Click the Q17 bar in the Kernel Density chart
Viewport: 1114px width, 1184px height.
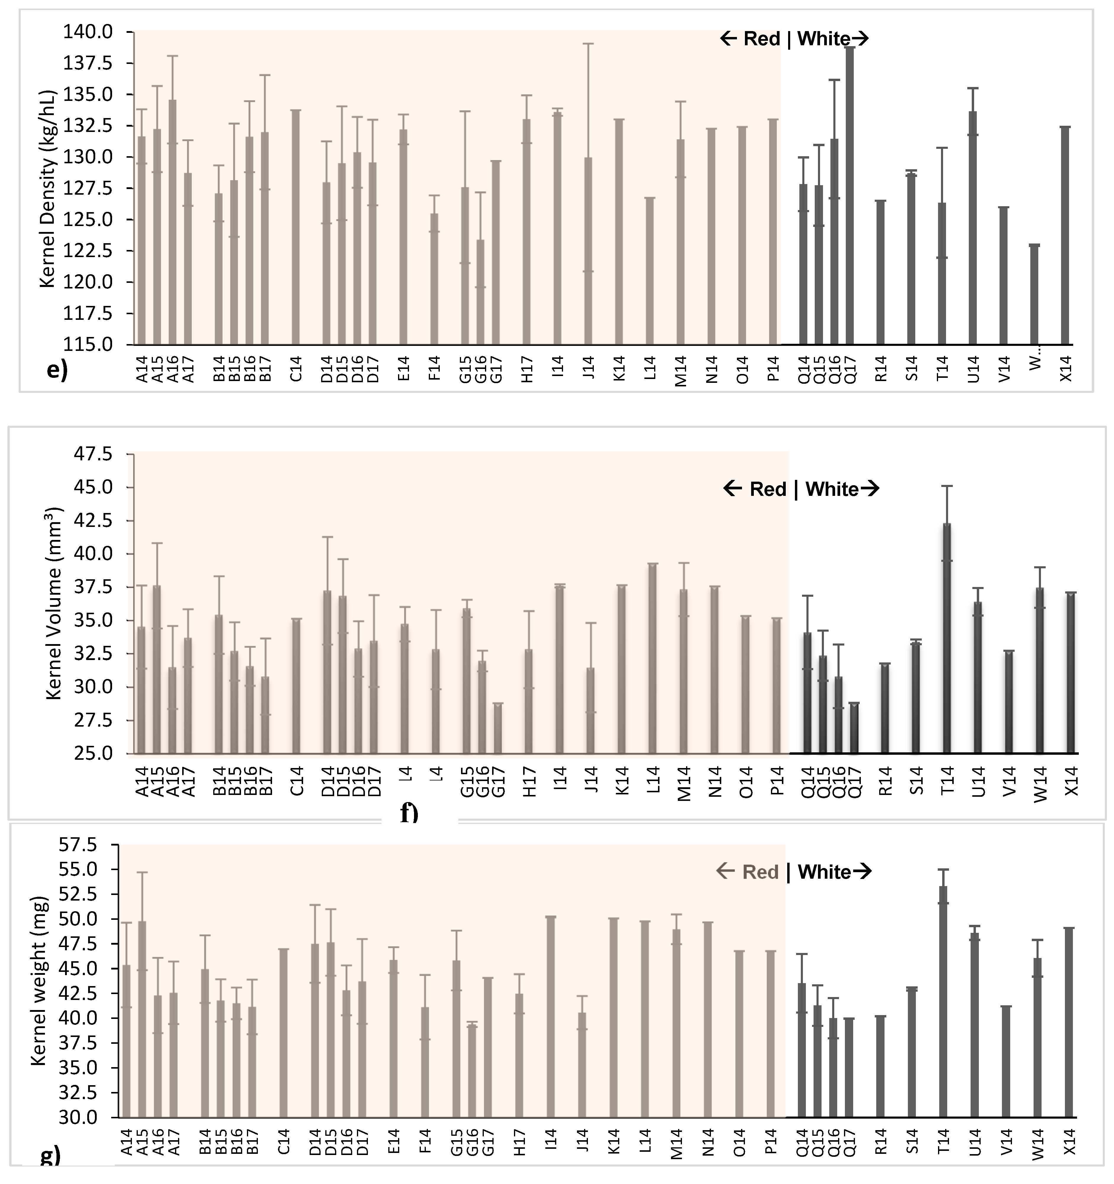pos(850,196)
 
